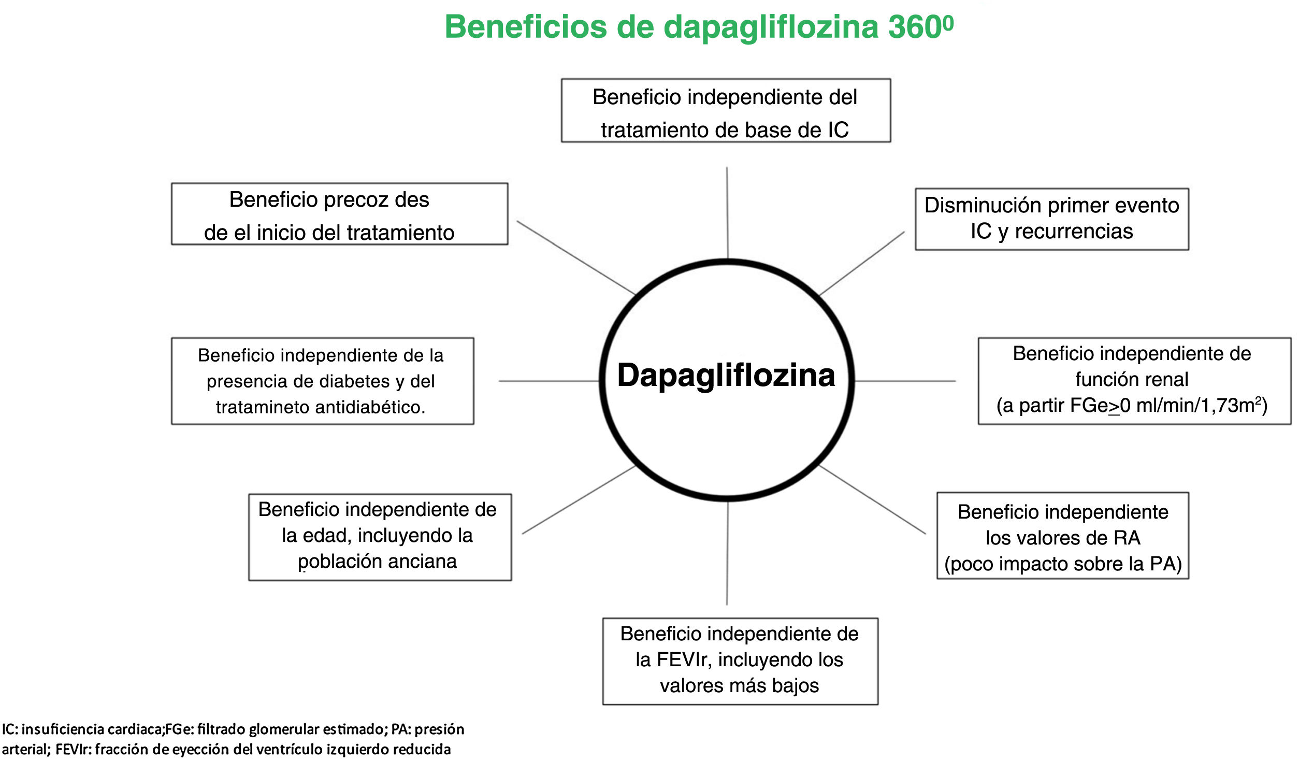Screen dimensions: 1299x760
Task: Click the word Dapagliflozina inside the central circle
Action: tap(726, 375)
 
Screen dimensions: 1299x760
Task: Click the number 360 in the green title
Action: tap(916, 27)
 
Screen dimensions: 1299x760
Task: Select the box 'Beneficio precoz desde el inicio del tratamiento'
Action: tap(339, 214)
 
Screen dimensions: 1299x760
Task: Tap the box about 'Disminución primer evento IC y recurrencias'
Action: tap(1051, 219)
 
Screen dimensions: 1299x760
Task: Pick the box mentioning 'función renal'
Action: tap(1134, 381)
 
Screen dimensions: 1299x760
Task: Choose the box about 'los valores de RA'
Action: tap(1062, 535)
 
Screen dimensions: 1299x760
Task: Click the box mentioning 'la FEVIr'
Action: tap(740, 661)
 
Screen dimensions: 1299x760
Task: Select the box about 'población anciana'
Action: tap(380, 537)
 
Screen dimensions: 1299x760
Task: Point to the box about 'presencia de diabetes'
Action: tap(322, 381)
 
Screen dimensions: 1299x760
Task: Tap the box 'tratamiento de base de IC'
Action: tap(726, 110)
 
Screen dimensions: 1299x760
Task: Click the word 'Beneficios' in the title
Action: tap(526, 27)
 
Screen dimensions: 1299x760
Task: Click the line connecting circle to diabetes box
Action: tap(549, 381)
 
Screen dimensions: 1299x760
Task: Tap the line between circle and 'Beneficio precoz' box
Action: tap(575, 257)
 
